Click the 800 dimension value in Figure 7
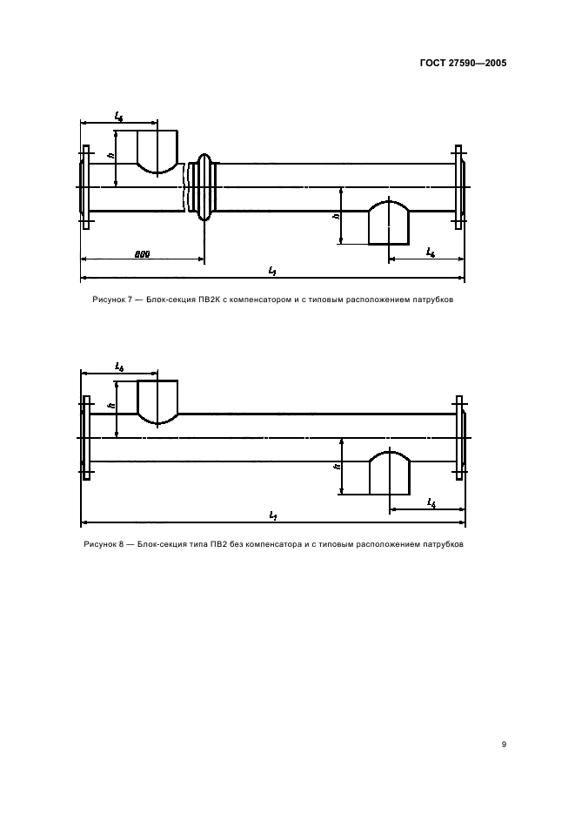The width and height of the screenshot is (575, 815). coord(143,253)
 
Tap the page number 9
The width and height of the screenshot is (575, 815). coord(505,744)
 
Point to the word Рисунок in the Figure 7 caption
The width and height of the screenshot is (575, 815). coord(110,300)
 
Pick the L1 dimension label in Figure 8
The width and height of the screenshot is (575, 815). coord(272,517)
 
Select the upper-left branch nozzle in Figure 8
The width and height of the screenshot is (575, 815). coord(158,401)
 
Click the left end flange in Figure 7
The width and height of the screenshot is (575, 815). coord(84,186)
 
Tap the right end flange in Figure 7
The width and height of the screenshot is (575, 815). coord(459,186)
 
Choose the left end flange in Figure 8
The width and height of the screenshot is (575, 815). coord(85,437)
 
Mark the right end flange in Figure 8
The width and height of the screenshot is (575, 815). coord(459,437)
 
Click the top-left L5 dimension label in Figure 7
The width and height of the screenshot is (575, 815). coord(118,115)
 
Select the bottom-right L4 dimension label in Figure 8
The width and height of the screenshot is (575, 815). coord(431,502)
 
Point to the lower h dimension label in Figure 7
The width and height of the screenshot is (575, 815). coord(336,215)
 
